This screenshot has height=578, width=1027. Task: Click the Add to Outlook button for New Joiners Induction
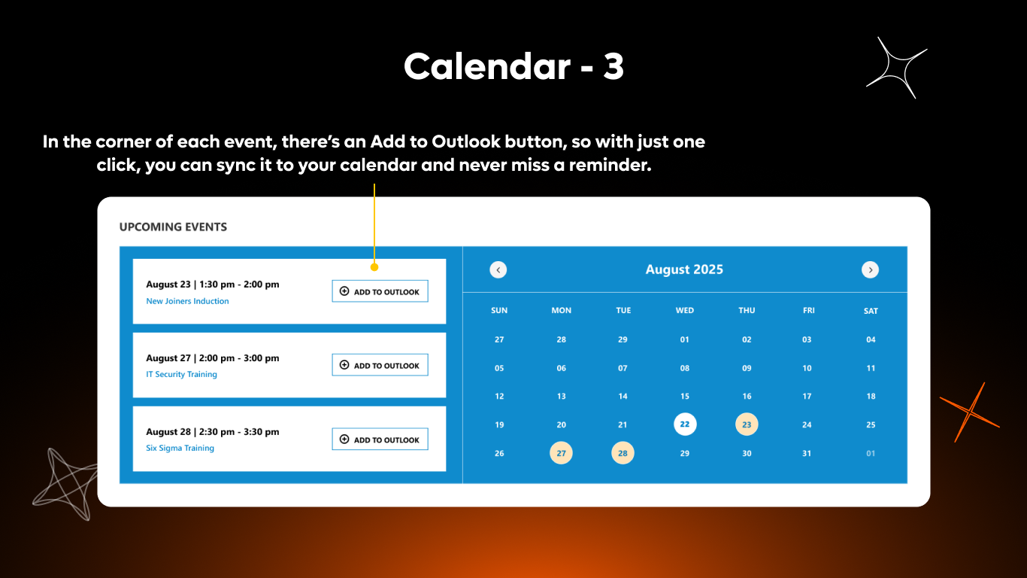tap(380, 291)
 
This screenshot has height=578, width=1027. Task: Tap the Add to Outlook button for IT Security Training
tap(380, 365)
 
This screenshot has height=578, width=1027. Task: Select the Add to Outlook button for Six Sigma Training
tap(380, 440)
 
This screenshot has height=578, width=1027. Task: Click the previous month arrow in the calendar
tap(498, 269)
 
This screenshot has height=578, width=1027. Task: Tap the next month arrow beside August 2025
tap(870, 269)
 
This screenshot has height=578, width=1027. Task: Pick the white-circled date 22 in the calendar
tap(685, 424)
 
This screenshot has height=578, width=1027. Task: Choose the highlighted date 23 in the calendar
tap(747, 424)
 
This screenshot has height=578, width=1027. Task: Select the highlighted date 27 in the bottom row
tap(561, 453)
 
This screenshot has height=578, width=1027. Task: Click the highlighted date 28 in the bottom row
tap(623, 453)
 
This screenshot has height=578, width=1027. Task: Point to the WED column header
tap(685, 310)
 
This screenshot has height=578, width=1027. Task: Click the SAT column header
tap(871, 311)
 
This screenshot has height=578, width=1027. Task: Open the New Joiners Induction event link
tap(187, 301)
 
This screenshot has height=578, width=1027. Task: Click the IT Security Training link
tap(181, 374)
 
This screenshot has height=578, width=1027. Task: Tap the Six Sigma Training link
tap(180, 448)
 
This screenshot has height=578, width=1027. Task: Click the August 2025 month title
tap(684, 269)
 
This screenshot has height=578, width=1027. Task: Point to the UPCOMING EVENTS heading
tap(173, 227)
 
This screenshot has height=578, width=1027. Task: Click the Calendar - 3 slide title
tap(513, 67)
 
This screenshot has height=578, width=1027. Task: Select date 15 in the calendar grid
tap(685, 396)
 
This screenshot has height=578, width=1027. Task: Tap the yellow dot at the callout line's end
tap(374, 266)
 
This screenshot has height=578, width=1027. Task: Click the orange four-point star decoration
tap(970, 412)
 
